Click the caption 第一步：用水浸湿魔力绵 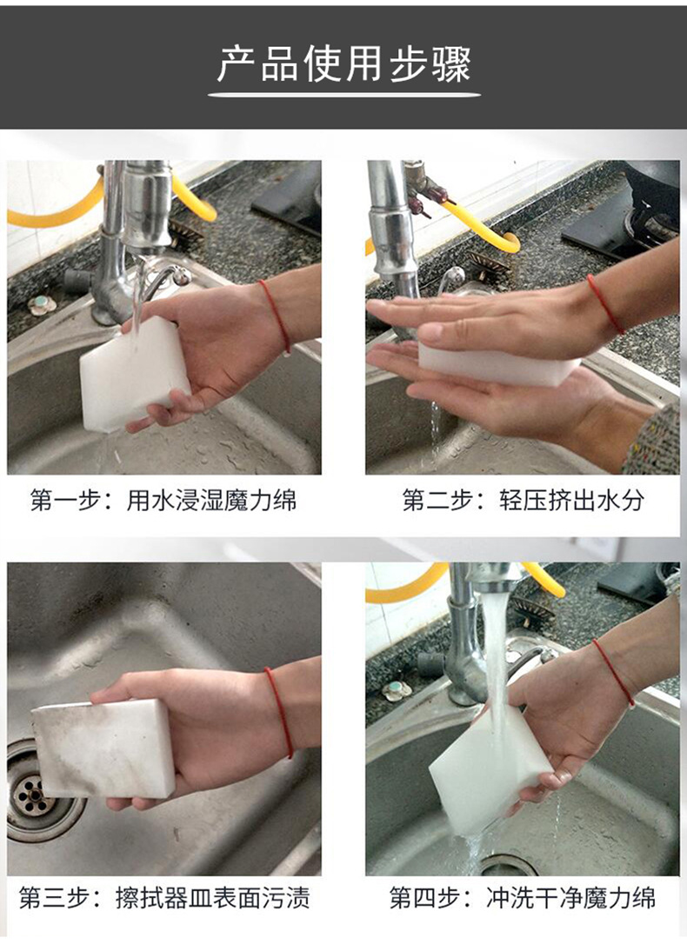[163, 501]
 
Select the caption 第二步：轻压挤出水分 [523, 501]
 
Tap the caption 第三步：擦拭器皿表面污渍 [163, 898]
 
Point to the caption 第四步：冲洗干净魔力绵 [522, 898]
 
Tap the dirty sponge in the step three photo [104, 748]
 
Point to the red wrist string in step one [277, 316]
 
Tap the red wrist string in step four [614, 673]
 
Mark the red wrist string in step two [604, 304]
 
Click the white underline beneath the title [343, 95]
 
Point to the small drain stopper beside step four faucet [397, 690]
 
